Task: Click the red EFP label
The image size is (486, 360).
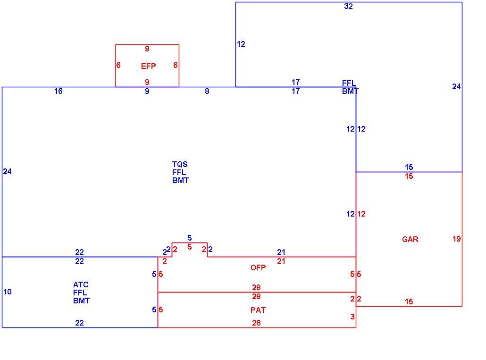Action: pyautogui.click(x=149, y=66)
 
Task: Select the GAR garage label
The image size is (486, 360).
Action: pyautogui.click(x=410, y=239)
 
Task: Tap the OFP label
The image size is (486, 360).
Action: pyautogui.click(x=258, y=268)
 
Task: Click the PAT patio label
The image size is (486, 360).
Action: pyautogui.click(x=258, y=310)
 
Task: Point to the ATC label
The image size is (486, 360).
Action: pyautogui.click(x=81, y=285)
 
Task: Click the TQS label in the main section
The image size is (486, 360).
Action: pyautogui.click(x=180, y=164)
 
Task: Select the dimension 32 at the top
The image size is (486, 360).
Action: pyautogui.click(x=348, y=6)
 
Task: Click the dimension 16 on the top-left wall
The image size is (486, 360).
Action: pyautogui.click(x=58, y=91)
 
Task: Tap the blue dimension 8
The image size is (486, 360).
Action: pyautogui.click(x=207, y=91)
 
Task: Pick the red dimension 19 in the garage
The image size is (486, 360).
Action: pyautogui.click(x=456, y=239)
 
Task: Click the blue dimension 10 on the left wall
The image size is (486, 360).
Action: pyautogui.click(x=8, y=292)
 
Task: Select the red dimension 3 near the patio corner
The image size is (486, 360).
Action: pyautogui.click(x=352, y=316)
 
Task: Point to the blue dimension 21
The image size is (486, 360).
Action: pyautogui.click(x=281, y=252)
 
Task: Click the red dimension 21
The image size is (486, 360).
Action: pyautogui.click(x=281, y=261)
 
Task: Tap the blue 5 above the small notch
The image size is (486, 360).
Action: pyautogui.click(x=189, y=238)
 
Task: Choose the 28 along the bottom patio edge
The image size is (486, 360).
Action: pyautogui.click(x=256, y=323)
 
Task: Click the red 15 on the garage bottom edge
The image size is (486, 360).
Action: pyautogui.click(x=409, y=301)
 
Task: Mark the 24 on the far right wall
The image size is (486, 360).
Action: pyautogui.click(x=456, y=86)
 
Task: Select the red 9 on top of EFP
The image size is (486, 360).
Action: pyautogui.click(x=147, y=49)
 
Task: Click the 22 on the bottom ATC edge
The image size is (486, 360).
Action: pyautogui.click(x=79, y=323)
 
